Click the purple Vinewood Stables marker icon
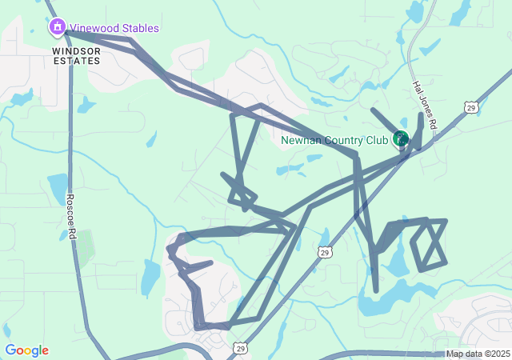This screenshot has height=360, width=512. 58,28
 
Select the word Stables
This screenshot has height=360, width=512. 140,29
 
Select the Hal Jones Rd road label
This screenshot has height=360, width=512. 424,105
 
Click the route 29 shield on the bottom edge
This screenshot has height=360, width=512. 240,348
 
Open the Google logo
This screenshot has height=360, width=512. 26,350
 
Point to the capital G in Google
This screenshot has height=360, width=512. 10,350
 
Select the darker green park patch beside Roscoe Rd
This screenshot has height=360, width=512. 85,248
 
